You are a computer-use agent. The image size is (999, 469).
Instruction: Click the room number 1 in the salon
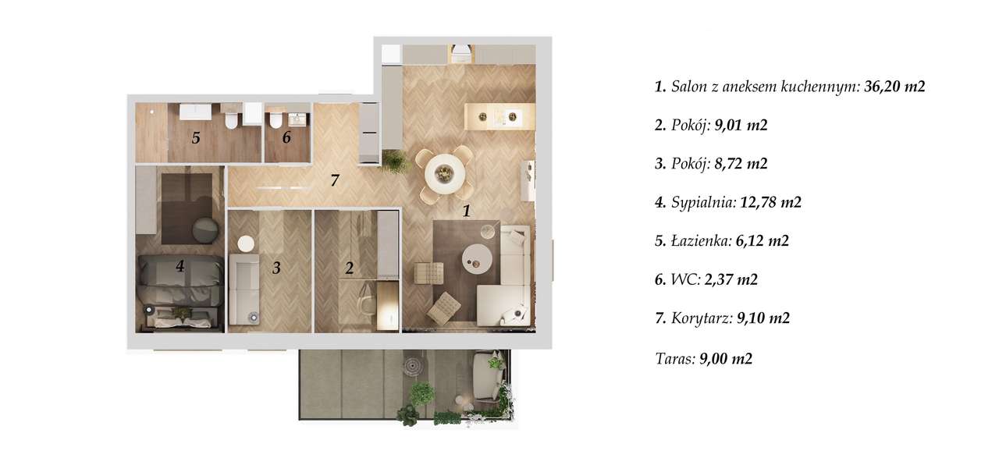coord(466,210)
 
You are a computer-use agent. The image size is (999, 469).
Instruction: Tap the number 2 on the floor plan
coord(350,268)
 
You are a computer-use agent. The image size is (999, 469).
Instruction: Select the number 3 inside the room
coord(276,268)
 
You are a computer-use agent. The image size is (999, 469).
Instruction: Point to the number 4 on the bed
coord(180,266)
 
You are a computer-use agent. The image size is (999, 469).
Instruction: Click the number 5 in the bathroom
coord(196,138)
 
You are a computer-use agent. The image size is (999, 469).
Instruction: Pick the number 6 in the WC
coord(286,138)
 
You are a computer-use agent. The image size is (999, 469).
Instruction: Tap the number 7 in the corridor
coord(334,181)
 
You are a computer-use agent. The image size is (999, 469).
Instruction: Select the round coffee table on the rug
coord(478,258)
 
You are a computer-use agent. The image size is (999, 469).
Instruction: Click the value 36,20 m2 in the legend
coord(894,87)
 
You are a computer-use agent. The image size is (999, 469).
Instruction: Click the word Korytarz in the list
coord(700,318)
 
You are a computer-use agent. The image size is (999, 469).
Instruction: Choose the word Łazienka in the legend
coord(699,241)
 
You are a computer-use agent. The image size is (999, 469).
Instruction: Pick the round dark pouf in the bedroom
coord(206,229)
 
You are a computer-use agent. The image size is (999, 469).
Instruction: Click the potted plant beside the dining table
coord(395,161)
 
